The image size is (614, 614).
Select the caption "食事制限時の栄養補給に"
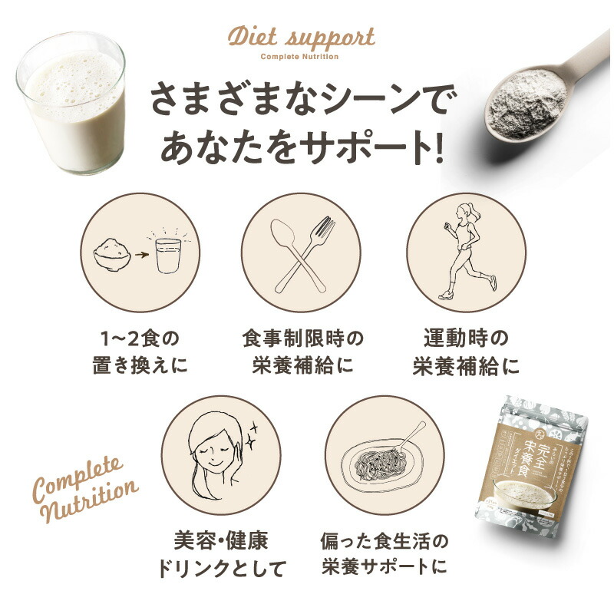point(301,352)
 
